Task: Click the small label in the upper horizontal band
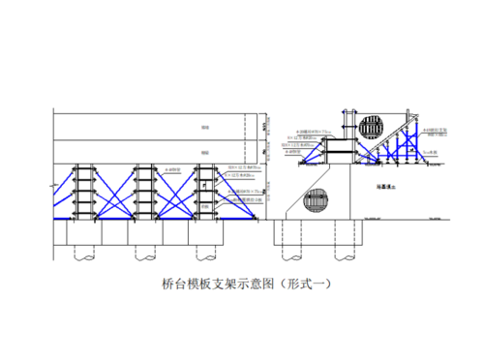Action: pos(203,127)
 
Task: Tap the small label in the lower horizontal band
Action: pos(203,152)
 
